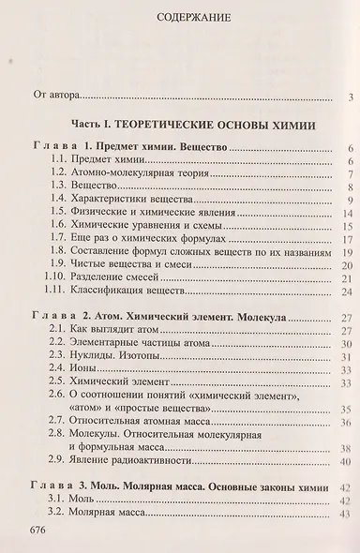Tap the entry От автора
pyautogui.click(x=55, y=95)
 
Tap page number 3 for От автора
pyautogui.click(x=348, y=96)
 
